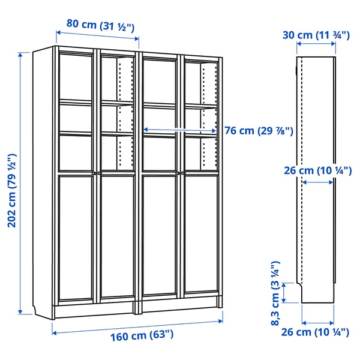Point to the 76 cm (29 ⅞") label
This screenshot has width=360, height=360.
tap(259, 131)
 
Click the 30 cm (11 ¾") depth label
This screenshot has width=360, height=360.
tap(316, 35)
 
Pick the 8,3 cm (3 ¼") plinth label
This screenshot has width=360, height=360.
tap(276, 293)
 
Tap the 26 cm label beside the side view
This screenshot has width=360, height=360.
tap(317, 170)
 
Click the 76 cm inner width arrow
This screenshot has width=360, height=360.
tap(181, 129)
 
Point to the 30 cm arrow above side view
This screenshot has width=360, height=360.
tap(316, 46)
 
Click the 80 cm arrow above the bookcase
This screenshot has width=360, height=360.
tap(97, 35)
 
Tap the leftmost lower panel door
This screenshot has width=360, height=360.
tap(76, 236)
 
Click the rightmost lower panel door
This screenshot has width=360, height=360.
tap(201, 236)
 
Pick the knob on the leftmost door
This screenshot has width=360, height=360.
tap(95, 174)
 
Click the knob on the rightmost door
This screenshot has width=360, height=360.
tap(182, 174)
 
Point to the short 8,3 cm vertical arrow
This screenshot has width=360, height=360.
tap(287, 293)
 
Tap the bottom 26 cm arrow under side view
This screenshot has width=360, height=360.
tap(317, 320)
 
